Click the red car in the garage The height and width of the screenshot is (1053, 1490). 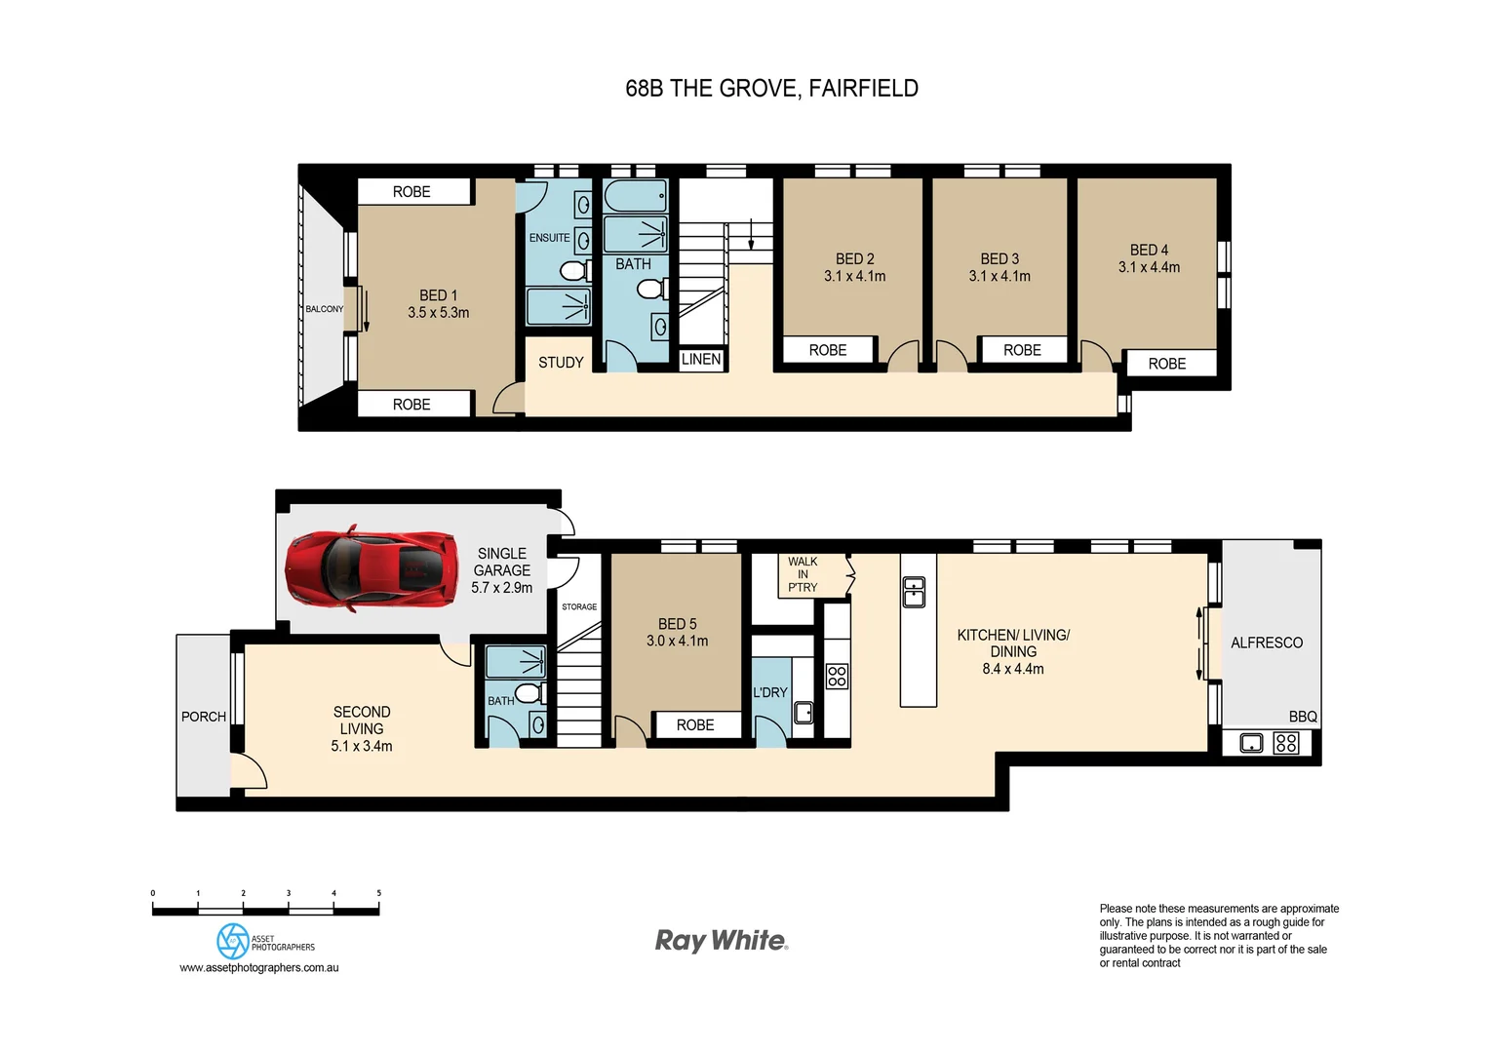[x=372, y=569]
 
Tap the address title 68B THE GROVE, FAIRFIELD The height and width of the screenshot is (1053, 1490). [x=771, y=89]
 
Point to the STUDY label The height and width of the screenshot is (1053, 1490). [x=561, y=363]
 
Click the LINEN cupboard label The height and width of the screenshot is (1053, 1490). [x=701, y=360]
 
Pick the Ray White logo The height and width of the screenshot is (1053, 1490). [x=722, y=941]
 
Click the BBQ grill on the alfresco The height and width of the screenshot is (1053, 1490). [x=1286, y=743]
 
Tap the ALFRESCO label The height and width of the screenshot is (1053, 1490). [x=1267, y=643]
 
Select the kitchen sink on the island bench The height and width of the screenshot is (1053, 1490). [x=914, y=592]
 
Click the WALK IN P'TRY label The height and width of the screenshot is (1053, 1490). [x=803, y=574]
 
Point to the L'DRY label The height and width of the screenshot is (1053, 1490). [x=770, y=692]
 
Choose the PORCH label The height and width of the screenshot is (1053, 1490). [x=204, y=717]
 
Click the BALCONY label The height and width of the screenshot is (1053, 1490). [x=324, y=309]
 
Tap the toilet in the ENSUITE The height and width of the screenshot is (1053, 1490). [x=574, y=269]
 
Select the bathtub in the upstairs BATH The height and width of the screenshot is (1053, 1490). [x=635, y=196]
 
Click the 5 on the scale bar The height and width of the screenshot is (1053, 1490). [x=379, y=893]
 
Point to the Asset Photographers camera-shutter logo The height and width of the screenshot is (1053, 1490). [x=233, y=942]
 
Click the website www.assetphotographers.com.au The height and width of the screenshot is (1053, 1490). [x=259, y=968]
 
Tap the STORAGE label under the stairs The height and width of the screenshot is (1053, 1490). [x=579, y=607]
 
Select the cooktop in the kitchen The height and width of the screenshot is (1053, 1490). [x=837, y=676]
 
